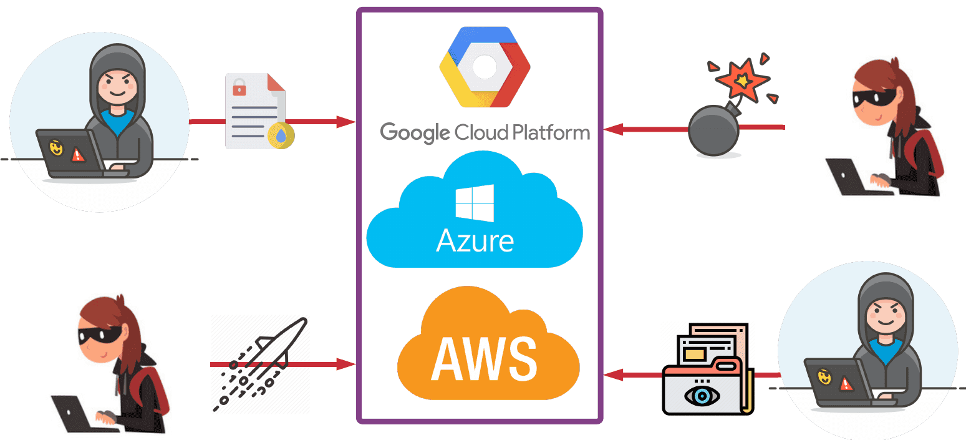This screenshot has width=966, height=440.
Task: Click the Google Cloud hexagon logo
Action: [x=485, y=67]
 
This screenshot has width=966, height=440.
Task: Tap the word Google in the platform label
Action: [x=415, y=133]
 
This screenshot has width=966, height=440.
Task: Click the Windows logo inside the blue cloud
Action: [x=475, y=203]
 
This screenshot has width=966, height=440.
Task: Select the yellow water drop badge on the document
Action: [x=281, y=136]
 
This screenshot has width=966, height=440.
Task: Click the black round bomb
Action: [x=713, y=129]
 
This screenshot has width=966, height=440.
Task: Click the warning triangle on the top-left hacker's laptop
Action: [x=78, y=154]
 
